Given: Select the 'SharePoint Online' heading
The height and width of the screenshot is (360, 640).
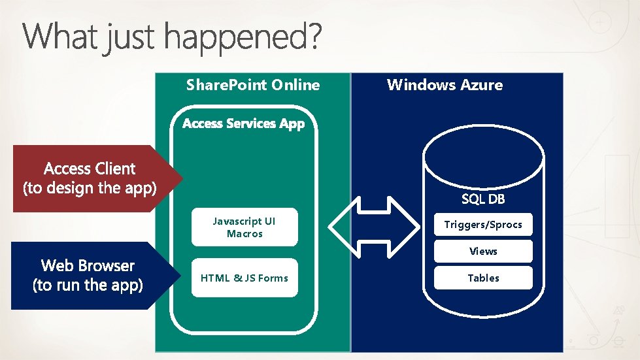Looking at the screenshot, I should pyautogui.click(x=253, y=85).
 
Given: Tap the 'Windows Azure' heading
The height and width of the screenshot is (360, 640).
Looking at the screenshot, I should pyautogui.click(x=445, y=85).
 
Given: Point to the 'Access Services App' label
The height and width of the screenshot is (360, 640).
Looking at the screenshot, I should pyautogui.click(x=243, y=123).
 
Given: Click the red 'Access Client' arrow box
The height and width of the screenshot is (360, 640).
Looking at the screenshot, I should pyautogui.click(x=90, y=178).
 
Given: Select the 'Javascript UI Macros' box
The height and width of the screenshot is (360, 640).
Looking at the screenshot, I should pyautogui.click(x=244, y=227).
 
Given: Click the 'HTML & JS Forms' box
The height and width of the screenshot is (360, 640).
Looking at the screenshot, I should pyautogui.click(x=244, y=278).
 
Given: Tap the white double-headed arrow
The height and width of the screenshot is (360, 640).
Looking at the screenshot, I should pyautogui.click(x=375, y=225).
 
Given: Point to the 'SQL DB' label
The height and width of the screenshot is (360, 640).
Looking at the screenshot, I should pyautogui.click(x=483, y=199).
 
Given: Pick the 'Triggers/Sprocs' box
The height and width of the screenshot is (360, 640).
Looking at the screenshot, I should pyautogui.click(x=483, y=225).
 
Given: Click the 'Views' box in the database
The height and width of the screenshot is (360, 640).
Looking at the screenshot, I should pyautogui.click(x=483, y=252).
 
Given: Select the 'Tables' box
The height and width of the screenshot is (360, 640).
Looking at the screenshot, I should pyautogui.click(x=483, y=278).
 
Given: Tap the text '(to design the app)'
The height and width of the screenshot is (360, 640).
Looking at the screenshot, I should pyautogui.click(x=90, y=189).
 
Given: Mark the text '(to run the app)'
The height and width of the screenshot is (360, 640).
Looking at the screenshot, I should pyautogui.click(x=88, y=286).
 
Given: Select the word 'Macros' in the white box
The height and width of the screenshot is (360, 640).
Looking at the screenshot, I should pyautogui.click(x=244, y=234).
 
